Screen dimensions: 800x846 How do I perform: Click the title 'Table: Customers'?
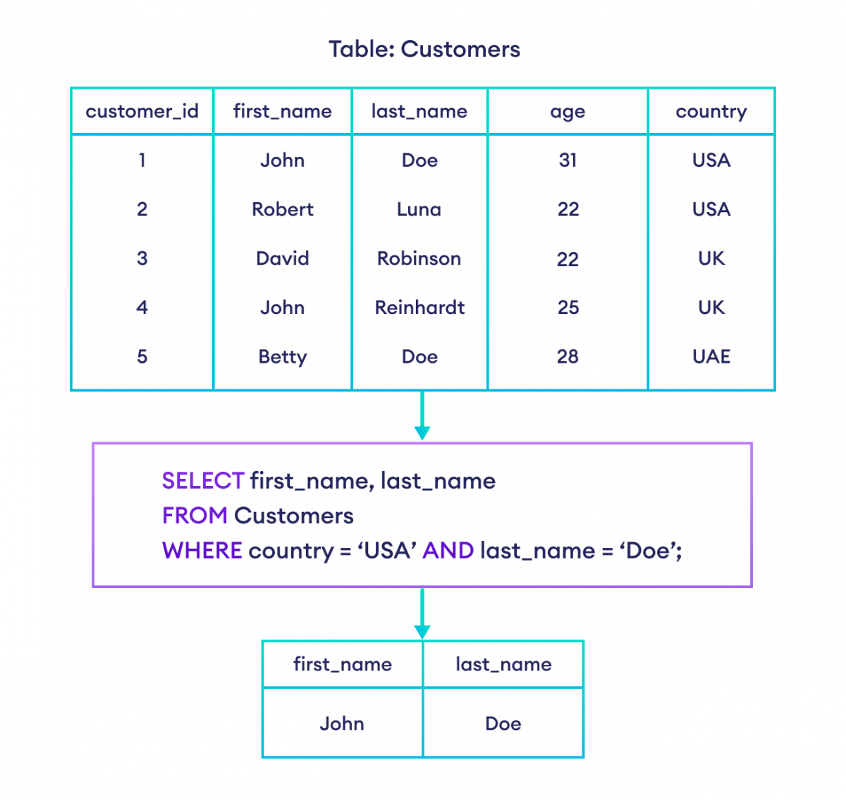pos(424,50)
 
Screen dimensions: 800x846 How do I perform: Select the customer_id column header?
pos(142,111)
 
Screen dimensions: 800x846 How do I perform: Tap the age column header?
pos(568,111)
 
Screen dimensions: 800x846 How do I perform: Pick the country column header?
pos(711,111)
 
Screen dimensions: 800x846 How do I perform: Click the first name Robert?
pos(282,209)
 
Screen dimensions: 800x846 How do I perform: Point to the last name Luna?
pos(419,209)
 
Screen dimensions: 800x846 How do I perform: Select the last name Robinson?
pos(419,258)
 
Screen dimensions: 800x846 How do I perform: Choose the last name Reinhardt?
pos(419,308)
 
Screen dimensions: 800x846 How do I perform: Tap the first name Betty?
pos(282,357)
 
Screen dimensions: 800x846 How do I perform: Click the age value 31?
pos(568,161)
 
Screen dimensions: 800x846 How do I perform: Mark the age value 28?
pos(568,357)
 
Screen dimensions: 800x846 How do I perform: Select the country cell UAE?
pos(711,357)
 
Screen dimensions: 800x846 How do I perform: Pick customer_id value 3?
pos(142,258)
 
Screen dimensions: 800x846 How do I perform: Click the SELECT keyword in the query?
pos(203,481)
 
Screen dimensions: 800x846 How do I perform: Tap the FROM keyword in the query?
pos(195,516)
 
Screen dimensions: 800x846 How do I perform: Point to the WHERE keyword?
pos(202,551)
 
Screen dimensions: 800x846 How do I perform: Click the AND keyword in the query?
pos(448,551)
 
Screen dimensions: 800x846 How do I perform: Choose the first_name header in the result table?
pos(342,664)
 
